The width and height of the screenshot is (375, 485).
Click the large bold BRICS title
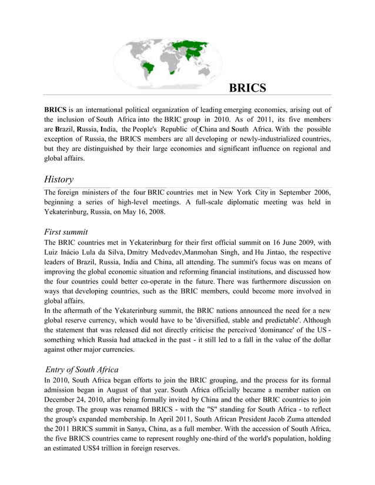(x=247, y=88)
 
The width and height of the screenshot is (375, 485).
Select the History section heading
(x=59, y=179)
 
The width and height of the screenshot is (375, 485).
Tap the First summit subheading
(x=66, y=232)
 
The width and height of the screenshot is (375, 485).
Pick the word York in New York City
(x=244, y=192)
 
